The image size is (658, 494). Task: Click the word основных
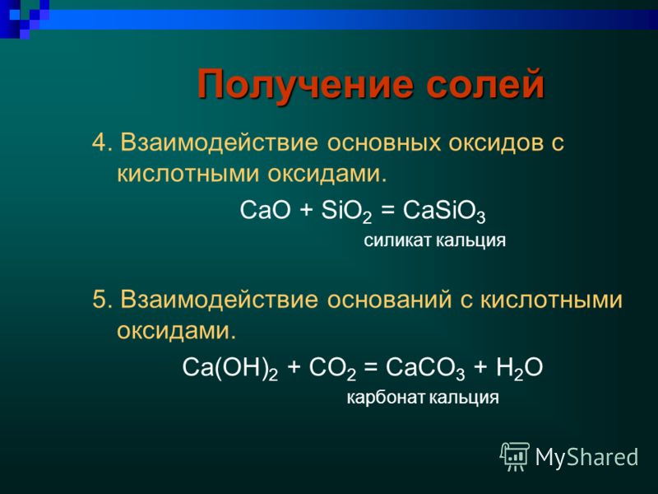pyautogui.click(x=384, y=143)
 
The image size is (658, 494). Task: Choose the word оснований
pyautogui.click(x=389, y=301)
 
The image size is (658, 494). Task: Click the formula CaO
pyautogui.click(x=265, y=210)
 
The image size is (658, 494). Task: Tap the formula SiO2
pyautogui.click(x=346, y=211)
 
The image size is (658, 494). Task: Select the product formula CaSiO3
pyautogui.click(x=444, y=211)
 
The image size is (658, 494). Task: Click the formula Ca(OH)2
pyautogui.click(x=230, y=369)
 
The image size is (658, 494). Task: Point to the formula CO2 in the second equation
pyautogui.click(x=332, y=368)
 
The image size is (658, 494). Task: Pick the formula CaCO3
pyautogui.click(x=425, y=368)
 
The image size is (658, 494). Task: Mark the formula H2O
pyautogui.click(x=519, y=368)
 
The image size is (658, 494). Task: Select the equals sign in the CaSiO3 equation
pyautogui.click(x=387, y=210)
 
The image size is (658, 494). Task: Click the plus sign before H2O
pyautogui.click(x=480, y=367)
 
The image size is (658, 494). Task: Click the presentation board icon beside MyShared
pyautogui.click(x=515, y=456)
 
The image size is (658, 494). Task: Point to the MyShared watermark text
pyautogui.click(x=586, y=457)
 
